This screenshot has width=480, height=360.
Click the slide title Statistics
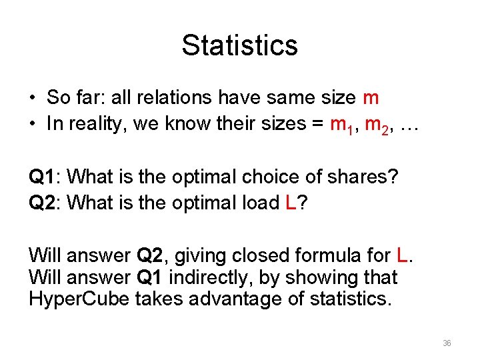(x=239, y=45)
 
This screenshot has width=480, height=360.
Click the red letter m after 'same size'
(x=371, y=98)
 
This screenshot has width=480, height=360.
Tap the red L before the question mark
(x=290, y=203)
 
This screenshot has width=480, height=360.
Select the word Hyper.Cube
(x=80, y=299)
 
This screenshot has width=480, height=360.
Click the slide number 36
(x=447, y=343)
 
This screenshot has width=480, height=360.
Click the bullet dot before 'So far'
(x=32, y=99)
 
